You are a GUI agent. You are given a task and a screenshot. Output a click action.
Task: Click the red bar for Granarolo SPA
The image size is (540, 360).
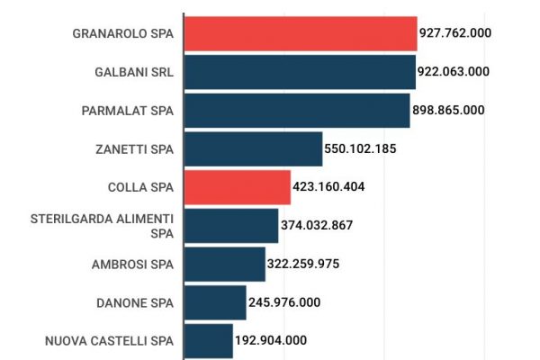coord(300,33)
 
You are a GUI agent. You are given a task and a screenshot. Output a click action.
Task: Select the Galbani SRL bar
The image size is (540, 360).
coord(299,72)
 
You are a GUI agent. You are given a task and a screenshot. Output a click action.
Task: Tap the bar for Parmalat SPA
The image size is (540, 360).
coord(296,111)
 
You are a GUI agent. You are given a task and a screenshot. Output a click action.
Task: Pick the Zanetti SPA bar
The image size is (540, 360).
coord(253,149)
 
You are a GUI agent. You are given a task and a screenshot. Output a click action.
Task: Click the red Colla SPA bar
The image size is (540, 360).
coord(237,187)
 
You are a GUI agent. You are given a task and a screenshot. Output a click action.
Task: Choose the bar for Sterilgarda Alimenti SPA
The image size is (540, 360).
coord(230,226)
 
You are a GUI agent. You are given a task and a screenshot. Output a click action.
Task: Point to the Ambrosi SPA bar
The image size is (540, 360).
coord(224,265)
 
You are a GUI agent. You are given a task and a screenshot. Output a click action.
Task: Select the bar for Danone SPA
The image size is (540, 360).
coord(214,302)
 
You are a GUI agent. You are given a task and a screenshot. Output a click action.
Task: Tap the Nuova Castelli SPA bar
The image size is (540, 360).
coord(208,341)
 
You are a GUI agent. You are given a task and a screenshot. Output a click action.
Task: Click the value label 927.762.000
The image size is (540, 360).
coord(454,33)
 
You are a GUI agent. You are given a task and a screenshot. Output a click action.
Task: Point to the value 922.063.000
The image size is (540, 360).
coord(453,72)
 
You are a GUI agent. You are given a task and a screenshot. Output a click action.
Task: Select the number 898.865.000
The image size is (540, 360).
coord(448,111)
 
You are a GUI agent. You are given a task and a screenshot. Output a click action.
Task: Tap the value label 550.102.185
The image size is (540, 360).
coord(360,149)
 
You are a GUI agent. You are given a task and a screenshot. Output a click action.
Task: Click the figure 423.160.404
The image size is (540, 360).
coord(328,187)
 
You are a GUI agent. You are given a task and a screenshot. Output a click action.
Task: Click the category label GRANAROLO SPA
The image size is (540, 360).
coord(122,33)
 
